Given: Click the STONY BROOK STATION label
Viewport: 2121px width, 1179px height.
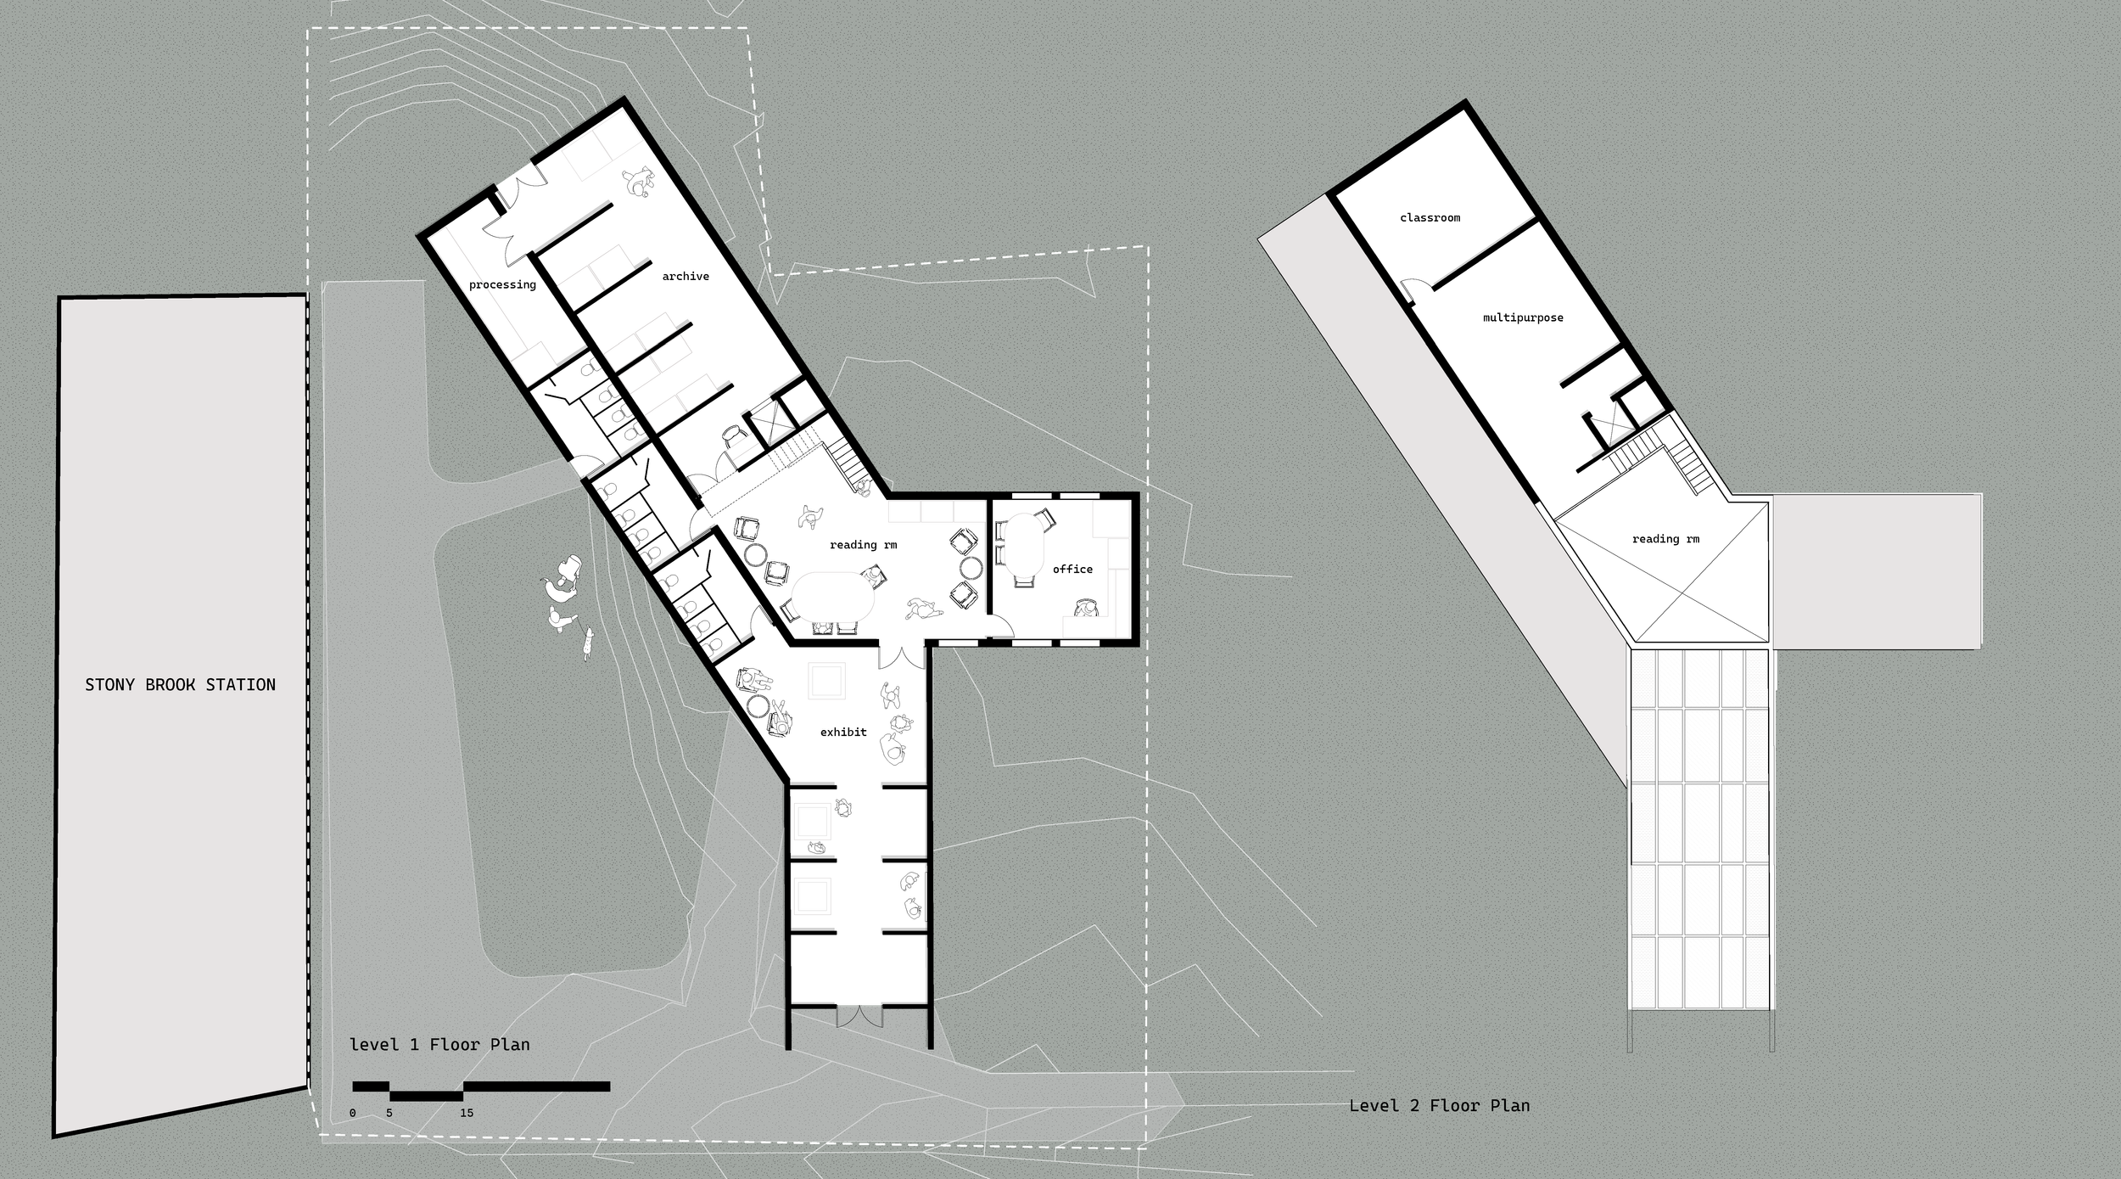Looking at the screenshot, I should click(x=180, y=685).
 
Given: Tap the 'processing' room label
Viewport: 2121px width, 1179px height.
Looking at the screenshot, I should click(x=502, y=284).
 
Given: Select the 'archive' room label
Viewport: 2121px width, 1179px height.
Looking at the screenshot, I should click(x=686, y=276).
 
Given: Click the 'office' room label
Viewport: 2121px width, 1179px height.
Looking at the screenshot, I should click(x=1072, y=569).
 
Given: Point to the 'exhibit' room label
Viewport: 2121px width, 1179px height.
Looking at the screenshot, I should click(x=843, y=732).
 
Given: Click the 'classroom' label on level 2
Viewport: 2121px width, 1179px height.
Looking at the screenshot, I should click(x=1430, y=218).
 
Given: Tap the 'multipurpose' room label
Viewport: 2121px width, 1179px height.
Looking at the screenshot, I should click(x=1523, y=318).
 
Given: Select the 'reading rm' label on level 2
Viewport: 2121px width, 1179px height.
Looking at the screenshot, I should click(x=1665, y=539).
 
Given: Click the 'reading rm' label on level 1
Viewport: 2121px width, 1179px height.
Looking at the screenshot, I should click(x=863, y=545).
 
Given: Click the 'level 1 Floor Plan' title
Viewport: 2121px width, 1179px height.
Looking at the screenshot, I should click(x=439, y=1045).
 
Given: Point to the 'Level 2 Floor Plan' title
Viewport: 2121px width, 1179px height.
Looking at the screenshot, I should click(x=1439, y=1105).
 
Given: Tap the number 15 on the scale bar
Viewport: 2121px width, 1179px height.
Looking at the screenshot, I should click(x=467, y=1113).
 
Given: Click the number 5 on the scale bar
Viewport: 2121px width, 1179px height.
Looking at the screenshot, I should click(x=389, y=1113).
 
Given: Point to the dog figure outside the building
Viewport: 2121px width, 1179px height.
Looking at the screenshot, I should click(x=586, y=645).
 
